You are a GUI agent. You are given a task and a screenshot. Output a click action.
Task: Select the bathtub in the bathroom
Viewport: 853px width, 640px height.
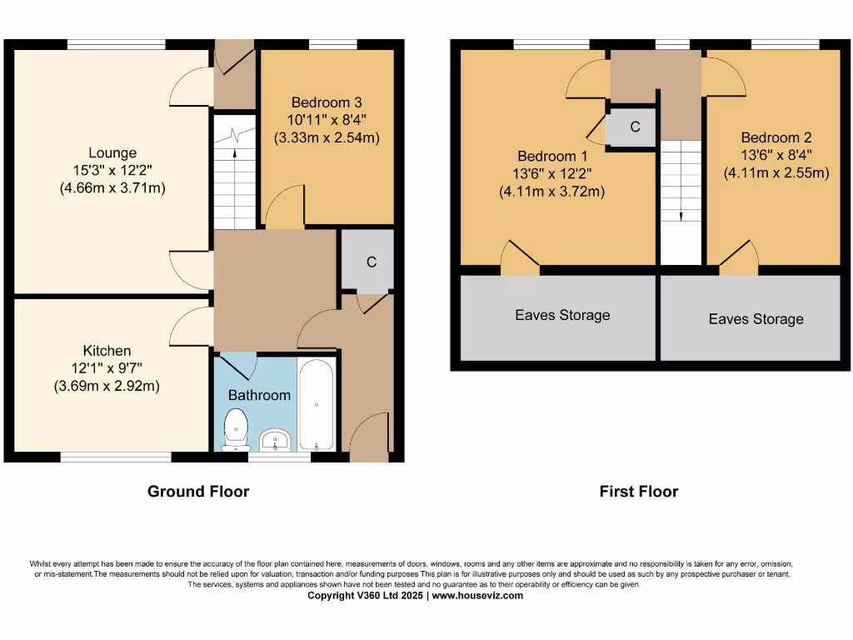317,404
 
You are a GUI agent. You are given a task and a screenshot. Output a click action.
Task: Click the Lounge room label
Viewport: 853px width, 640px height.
112,153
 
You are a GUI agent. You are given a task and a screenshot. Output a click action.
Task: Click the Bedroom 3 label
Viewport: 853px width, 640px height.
327,102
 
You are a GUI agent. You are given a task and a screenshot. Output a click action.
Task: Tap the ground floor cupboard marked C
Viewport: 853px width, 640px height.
372,262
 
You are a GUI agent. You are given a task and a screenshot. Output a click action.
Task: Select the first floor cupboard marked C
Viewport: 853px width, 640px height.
635,127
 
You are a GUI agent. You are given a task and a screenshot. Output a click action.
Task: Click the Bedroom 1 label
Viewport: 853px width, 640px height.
552,156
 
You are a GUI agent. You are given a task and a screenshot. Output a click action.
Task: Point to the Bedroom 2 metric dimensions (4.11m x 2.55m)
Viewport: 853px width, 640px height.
776,172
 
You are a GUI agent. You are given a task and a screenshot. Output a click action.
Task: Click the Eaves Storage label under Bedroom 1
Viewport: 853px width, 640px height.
562,315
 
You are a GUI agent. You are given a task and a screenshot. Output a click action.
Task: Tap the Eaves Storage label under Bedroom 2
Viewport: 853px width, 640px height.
756,319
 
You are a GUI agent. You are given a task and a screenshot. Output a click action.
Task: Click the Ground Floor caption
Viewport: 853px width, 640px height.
198,492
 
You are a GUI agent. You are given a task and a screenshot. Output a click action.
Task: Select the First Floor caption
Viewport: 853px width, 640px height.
639,492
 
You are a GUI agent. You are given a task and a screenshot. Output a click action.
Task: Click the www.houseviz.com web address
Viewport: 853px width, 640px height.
477,596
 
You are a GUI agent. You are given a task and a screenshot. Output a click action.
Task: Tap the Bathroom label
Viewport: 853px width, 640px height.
259,395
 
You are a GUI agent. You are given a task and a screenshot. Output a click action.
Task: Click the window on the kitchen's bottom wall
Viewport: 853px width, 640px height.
116,457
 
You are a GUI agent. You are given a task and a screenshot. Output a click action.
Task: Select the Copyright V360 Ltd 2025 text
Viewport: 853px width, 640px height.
366,596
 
